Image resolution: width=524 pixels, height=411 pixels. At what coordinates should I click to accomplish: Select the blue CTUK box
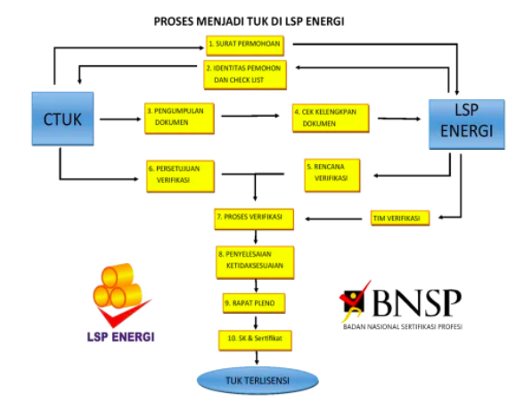pos(62,118)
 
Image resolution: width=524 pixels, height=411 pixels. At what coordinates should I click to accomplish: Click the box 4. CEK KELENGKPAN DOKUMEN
pos(329,119)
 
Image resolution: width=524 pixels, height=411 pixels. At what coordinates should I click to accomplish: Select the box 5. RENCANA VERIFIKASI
pos(335,172)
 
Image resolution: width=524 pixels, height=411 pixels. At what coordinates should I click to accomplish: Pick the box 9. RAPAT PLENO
pos(254,304)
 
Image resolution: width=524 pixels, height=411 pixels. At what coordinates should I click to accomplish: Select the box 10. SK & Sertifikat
pos(255,340)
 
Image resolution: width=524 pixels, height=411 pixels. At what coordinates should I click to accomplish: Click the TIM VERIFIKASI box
pos(398,218)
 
